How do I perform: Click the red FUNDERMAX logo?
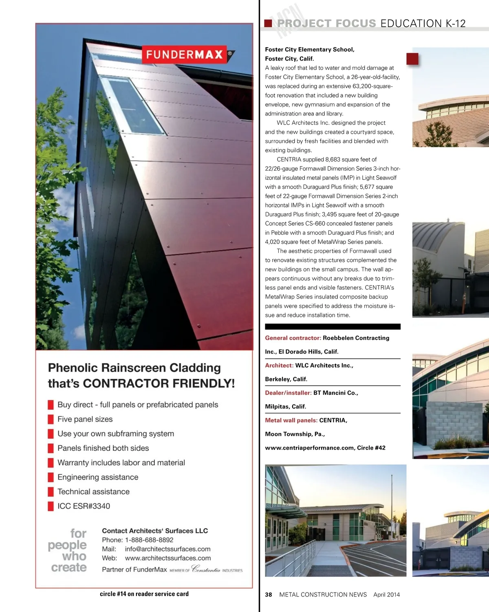coord(185,55)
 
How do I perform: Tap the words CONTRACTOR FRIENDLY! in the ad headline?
coord(159,383)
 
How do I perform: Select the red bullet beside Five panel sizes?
coord(51,419)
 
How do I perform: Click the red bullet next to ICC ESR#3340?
coord(51,506)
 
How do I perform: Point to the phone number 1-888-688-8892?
coord(149,540)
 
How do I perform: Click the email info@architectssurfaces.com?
coord(167,549)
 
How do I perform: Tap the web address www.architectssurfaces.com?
coord(168,558)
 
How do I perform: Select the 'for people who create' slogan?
coord(68,550)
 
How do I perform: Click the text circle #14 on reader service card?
coord(144,594)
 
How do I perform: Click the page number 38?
coord(269,595)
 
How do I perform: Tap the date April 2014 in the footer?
coord(386,595)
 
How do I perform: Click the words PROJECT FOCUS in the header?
coord(326,24)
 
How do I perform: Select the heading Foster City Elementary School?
coord(310,50)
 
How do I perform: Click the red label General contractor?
coord(293,338)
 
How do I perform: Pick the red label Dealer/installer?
coord(289,393)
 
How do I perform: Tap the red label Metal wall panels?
coord(291,420)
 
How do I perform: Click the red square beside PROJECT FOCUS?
coord(268,23)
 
